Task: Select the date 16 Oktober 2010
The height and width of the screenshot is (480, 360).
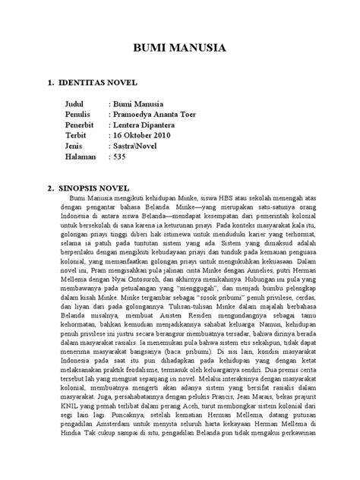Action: (147, 135)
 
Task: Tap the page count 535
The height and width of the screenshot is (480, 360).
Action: (122, 156)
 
